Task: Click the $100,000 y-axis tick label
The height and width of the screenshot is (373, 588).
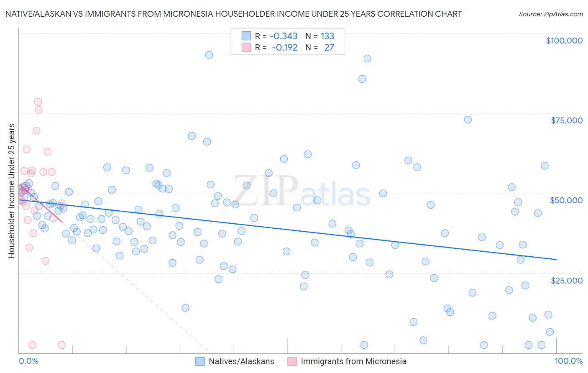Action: [x=564, y=41]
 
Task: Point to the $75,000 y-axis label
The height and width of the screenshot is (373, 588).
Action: [x=567, y=120]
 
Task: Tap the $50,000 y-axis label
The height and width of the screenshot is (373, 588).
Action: [x=566, y=200]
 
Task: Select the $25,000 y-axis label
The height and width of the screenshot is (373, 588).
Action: [x=567, y=280]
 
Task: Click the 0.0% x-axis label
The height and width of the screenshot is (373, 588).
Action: [x=28, y=361]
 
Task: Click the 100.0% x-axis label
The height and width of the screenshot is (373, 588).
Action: [x=569, y=361]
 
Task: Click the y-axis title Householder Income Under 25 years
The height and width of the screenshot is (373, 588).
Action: [x=11, y=190]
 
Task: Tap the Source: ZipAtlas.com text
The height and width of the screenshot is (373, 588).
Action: [x=551, y=14]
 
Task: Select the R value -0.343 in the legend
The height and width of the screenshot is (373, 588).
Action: [x=283, y=36]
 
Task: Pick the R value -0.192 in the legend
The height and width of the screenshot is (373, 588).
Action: [x=284, y=48]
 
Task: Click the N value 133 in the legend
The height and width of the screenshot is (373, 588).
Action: [x=327, y=36]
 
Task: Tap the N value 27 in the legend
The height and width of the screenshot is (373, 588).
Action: [x=329, y=48]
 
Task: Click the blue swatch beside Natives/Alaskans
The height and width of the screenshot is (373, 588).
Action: [x=200, y=361]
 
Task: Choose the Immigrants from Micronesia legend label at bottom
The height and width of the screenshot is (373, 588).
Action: [x=353, y=361]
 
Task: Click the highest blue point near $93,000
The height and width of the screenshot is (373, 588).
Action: [x=209, y=55]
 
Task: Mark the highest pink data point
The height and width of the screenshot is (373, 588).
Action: [x=38, y=102]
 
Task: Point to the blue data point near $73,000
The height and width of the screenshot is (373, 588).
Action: [x=468, y=120]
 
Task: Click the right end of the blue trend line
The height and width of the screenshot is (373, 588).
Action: [x=556, y=260]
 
